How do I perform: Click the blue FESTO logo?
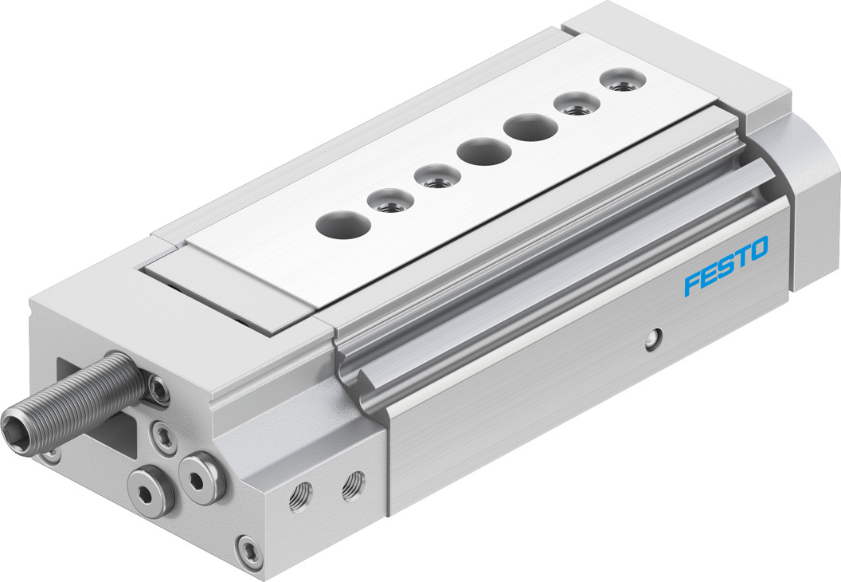coord(726,265)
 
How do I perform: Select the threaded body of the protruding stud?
coord(75,395)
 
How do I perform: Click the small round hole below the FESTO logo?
coord(653,340)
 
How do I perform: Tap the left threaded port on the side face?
coord(299,498)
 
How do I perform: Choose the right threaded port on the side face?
coord(354,486)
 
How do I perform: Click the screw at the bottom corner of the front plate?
coord(251,552)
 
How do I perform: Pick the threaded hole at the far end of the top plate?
coord(622,80)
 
